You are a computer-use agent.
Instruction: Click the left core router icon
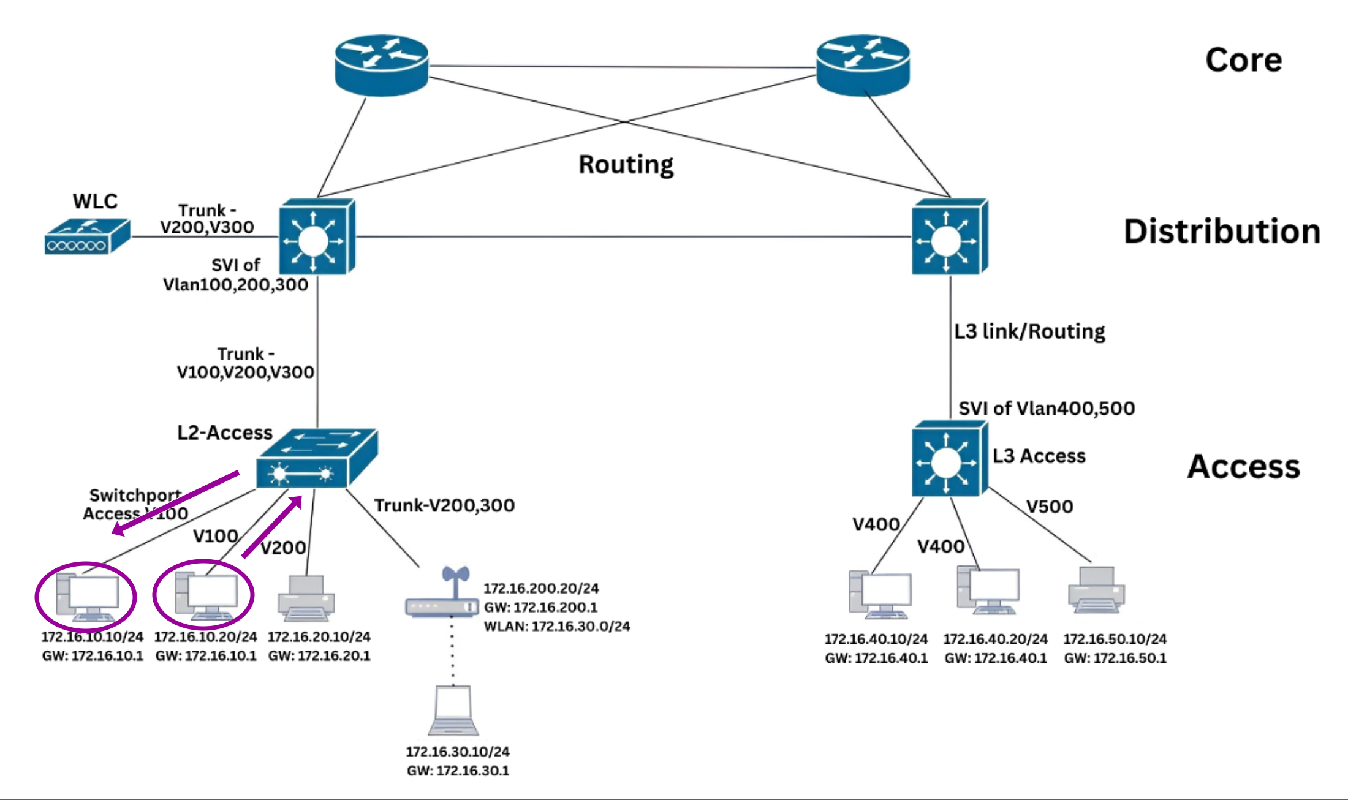coord(381,64)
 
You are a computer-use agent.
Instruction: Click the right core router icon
coord(863,64)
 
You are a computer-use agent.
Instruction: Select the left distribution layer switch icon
coord(316,237)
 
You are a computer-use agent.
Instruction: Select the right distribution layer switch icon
coord(949,237)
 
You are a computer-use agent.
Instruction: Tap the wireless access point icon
coord(442,594)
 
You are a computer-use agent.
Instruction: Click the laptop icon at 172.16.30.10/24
coord(453,711)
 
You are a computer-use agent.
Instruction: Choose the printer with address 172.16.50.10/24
coord(1096,590)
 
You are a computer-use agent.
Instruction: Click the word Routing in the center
coord(626,164)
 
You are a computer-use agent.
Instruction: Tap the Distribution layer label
coord(1221,232)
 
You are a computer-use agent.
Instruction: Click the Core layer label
coord(1243,60)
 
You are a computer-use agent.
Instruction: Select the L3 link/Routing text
coord(1029,331)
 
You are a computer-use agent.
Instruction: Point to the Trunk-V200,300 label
coord(444,505)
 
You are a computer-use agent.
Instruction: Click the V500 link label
coord(1050,507)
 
